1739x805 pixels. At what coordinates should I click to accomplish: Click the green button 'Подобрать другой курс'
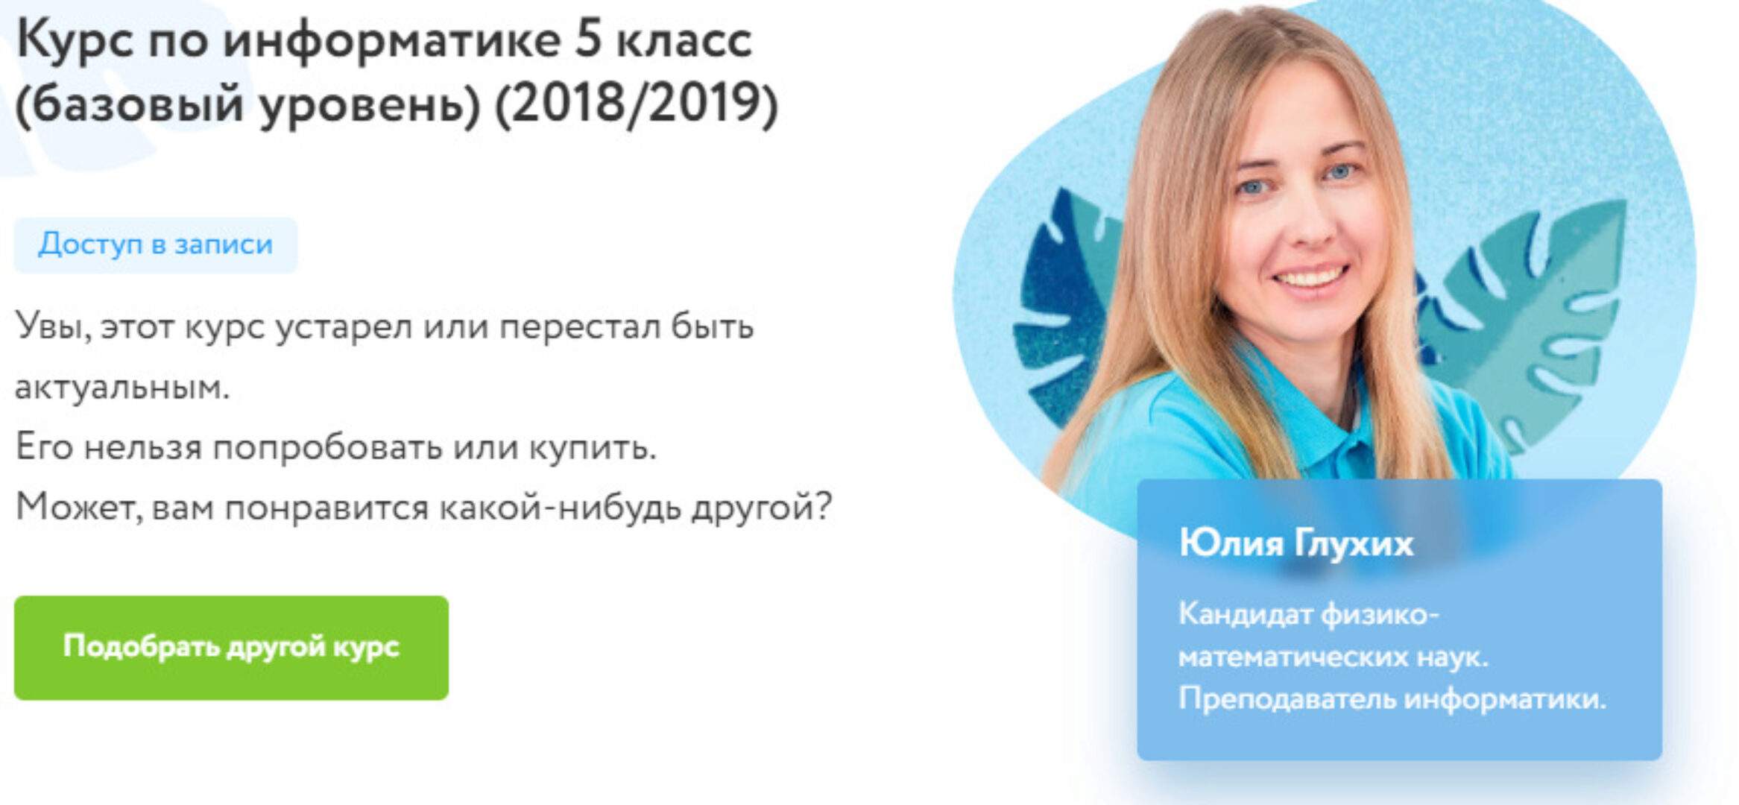point(231,647)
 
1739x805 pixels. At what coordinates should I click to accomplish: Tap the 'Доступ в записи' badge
point(156,244)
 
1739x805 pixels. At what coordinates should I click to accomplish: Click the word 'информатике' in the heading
point(391,40)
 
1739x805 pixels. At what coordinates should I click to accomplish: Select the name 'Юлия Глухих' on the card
point(1295,543)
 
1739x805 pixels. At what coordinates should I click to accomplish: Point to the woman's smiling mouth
point(1310,279)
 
